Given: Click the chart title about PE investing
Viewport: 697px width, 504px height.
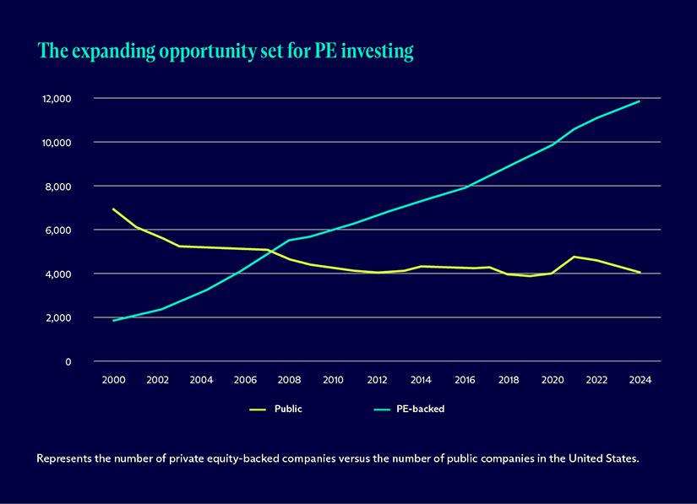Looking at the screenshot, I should click(226, 51).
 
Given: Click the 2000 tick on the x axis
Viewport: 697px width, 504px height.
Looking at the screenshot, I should click(113, 380).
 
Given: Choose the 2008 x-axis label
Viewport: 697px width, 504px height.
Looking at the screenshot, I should click(289, 380).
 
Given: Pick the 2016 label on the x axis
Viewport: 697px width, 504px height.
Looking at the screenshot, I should click(465, 380).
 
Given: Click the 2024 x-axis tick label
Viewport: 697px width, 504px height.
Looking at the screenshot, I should click(640, 380).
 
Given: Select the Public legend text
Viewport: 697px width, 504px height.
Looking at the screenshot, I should click(288, 409).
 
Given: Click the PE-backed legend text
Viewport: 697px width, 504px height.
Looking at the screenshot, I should click(420, 409).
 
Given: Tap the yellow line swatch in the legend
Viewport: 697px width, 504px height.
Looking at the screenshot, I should click(258, 409).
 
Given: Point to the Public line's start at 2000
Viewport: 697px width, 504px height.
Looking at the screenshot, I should click(113, 209).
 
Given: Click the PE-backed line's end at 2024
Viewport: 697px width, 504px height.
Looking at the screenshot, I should click(640, 101).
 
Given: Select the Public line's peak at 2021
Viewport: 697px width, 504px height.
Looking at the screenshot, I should click(574, 257).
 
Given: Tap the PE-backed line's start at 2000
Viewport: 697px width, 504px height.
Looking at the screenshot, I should click(113, 321).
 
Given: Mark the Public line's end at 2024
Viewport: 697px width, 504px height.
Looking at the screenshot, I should click(640, 273).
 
